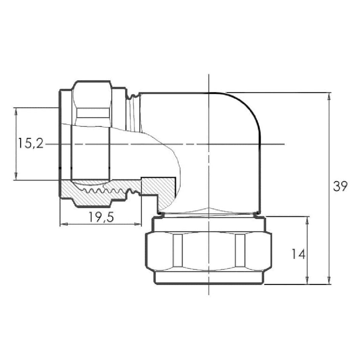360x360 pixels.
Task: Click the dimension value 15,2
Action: [x=31, y=143]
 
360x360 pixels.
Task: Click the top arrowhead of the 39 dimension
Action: [x=329, y=96]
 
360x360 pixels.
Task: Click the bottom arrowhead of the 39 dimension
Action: [x=329, y=280]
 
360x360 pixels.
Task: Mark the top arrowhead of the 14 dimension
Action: [x=307, y=220]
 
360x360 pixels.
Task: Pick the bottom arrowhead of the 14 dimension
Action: [x=307, y=280]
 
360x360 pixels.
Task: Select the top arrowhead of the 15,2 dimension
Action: [x=16, y=111]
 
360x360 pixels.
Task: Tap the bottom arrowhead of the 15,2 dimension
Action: [x=16, y=176]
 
